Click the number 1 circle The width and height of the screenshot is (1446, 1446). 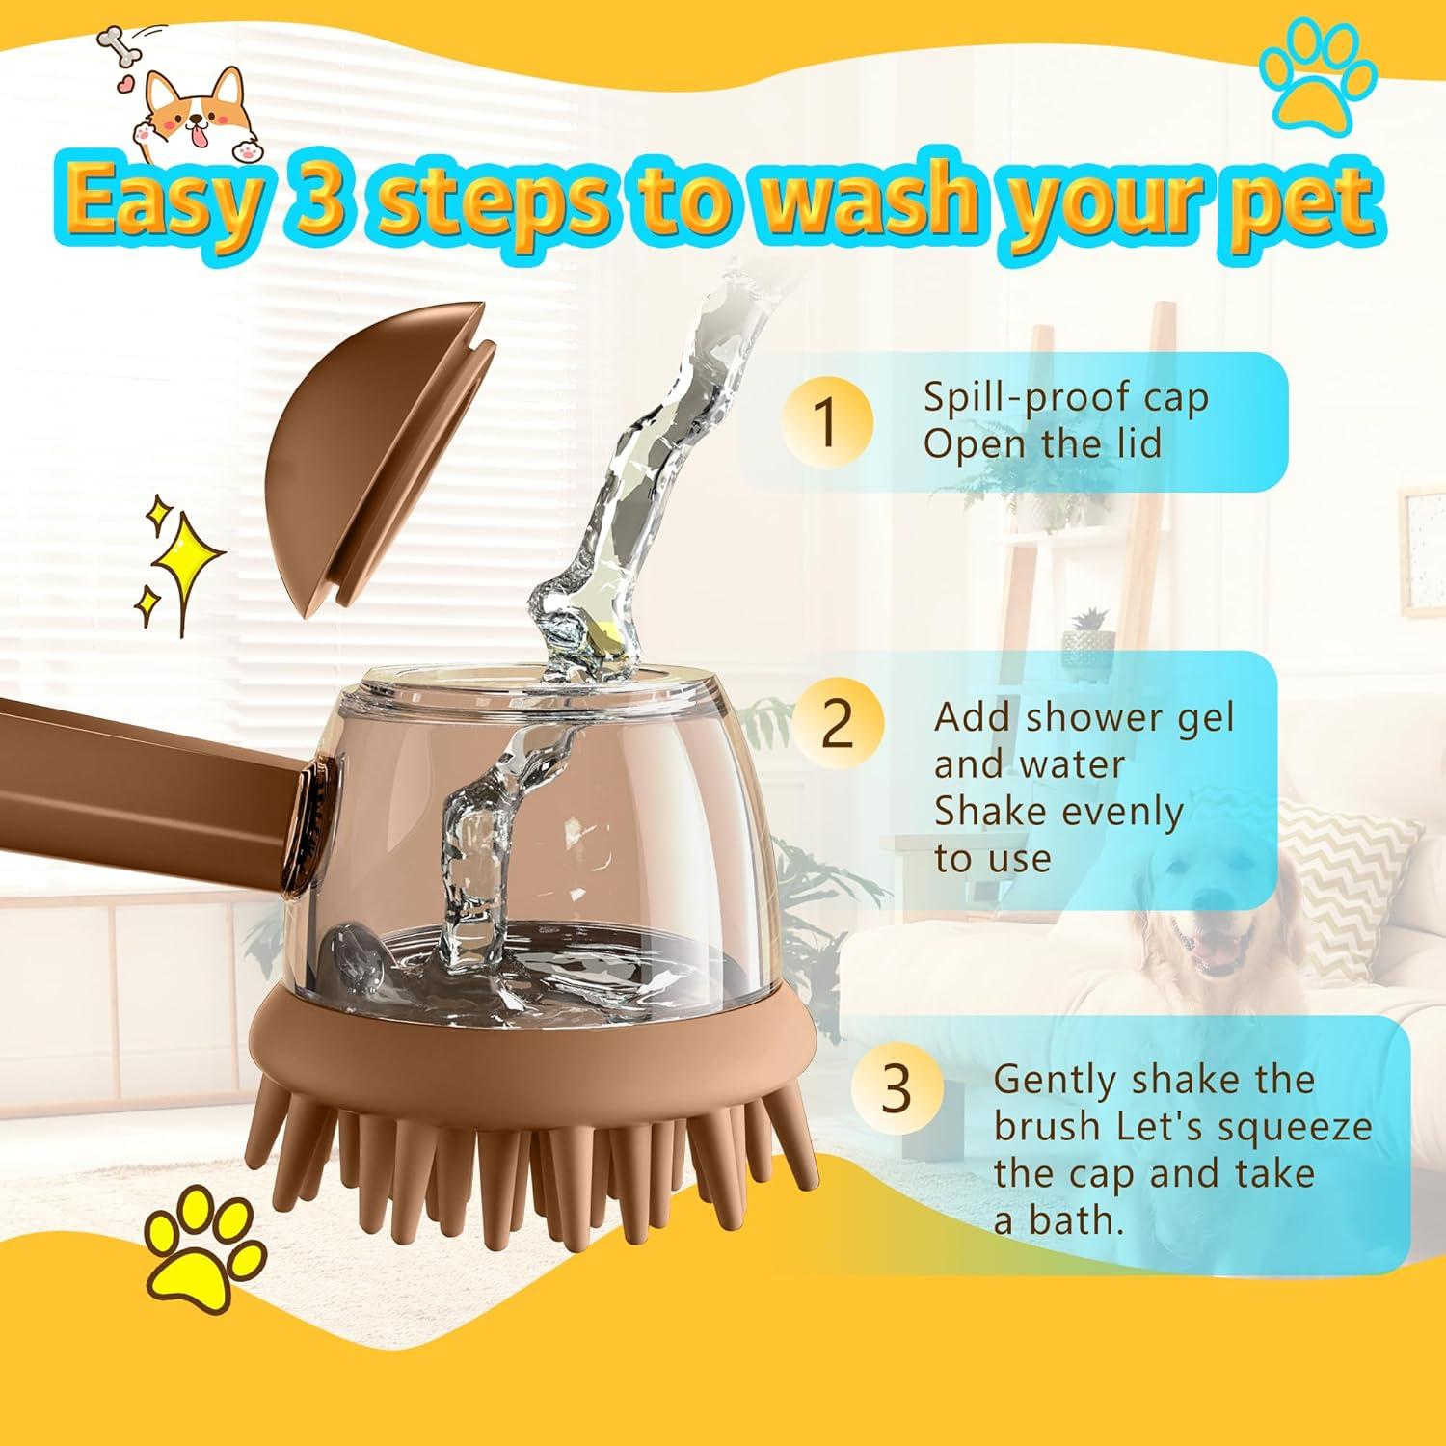coord(826,421)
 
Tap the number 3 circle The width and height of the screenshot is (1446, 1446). coord(896,1088)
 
